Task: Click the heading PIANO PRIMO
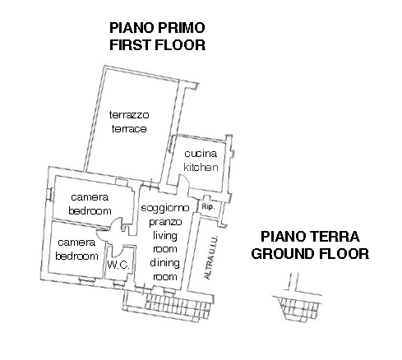[157, 27]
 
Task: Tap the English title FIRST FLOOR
[157, 44]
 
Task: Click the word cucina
[201, 154]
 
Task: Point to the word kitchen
[201, 167]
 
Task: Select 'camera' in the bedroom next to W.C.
[76, 242]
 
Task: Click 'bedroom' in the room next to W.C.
[76, 256]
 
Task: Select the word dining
[164, 263]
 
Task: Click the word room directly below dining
[164, 277]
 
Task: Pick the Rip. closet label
[209, 207]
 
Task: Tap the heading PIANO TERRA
[309, 237]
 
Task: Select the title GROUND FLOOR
[309, 254]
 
